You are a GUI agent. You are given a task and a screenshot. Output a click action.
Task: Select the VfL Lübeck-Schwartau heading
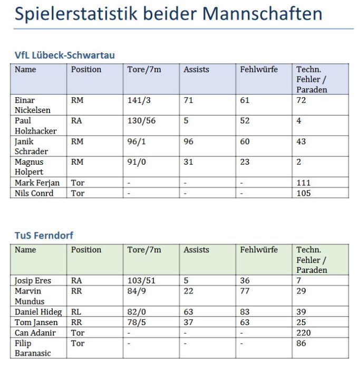point(64,55)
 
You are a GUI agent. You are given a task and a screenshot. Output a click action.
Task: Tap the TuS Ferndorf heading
point(44,235)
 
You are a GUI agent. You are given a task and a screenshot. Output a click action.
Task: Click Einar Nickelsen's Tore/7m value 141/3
point(139,100)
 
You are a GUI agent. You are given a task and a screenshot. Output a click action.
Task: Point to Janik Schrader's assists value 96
point(188,141)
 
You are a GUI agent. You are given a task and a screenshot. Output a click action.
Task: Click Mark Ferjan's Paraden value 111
point(303,183)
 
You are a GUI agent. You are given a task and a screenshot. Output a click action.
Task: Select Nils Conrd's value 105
point(303,193)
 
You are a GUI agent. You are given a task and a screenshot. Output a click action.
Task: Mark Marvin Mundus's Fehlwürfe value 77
point(245,291)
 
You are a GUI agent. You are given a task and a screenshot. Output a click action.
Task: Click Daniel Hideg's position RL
point(76,312)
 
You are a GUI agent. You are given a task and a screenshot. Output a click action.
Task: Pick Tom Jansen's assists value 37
point(188,322)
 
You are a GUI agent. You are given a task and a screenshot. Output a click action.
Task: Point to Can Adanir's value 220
point(303,332)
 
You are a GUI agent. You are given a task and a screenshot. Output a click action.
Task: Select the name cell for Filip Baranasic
point(33,348)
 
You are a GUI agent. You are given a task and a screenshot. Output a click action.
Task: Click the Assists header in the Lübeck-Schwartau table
point(196,69)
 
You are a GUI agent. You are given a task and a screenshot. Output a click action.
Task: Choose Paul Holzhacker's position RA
point(77,121)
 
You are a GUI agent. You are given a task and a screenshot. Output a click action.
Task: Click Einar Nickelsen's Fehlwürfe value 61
point(245,100)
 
